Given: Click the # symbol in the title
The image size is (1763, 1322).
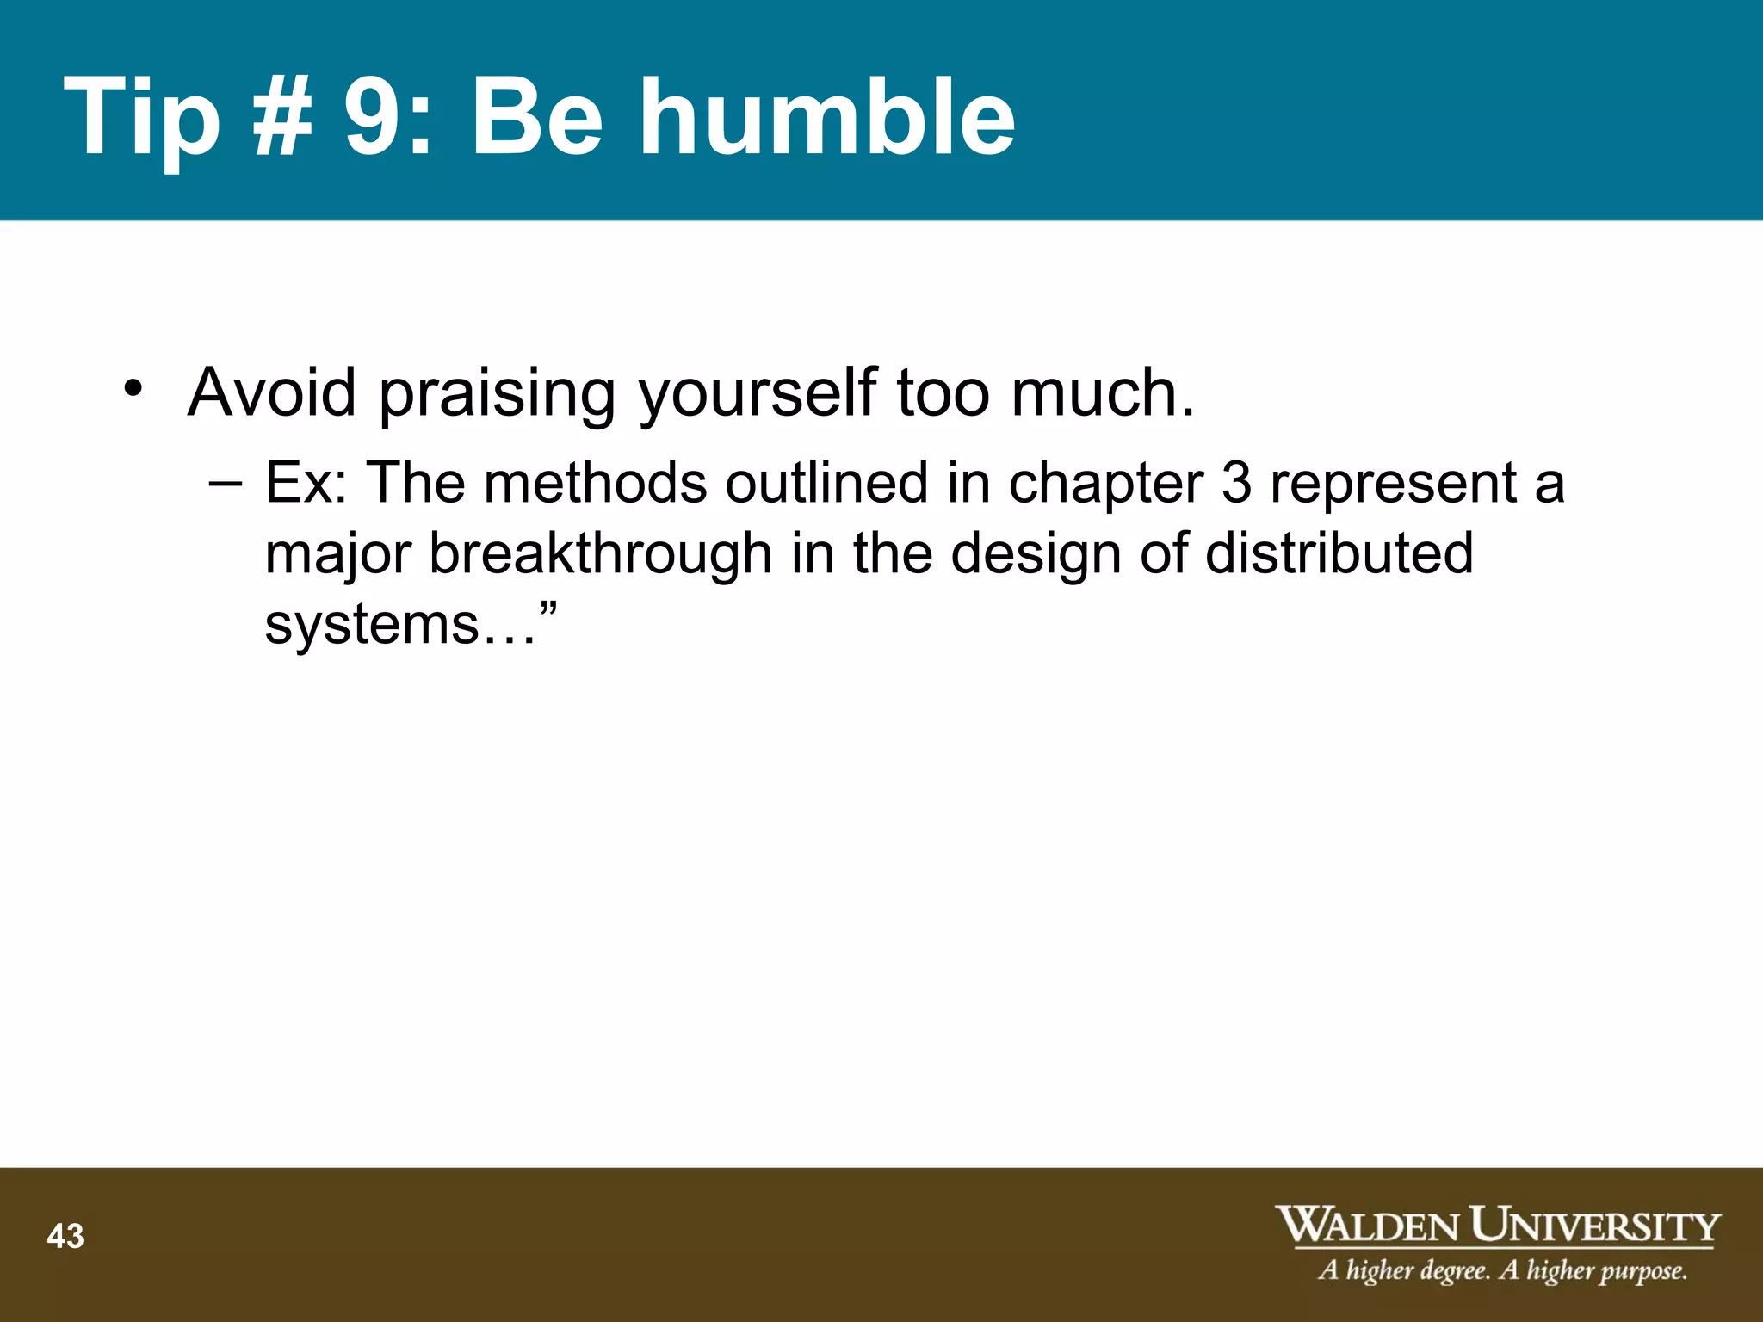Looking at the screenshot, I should (x=282, y=118).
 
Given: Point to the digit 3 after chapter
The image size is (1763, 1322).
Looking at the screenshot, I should (x=1236, y=483).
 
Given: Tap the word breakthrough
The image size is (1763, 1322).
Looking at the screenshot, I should (x=600, y=555).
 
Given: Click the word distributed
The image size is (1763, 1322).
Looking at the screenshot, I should (x=1339, y=553).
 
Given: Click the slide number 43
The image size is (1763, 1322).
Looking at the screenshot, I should (x=65, y=1237).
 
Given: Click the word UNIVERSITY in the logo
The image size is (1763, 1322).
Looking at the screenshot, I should (x=1594, y=1226).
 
